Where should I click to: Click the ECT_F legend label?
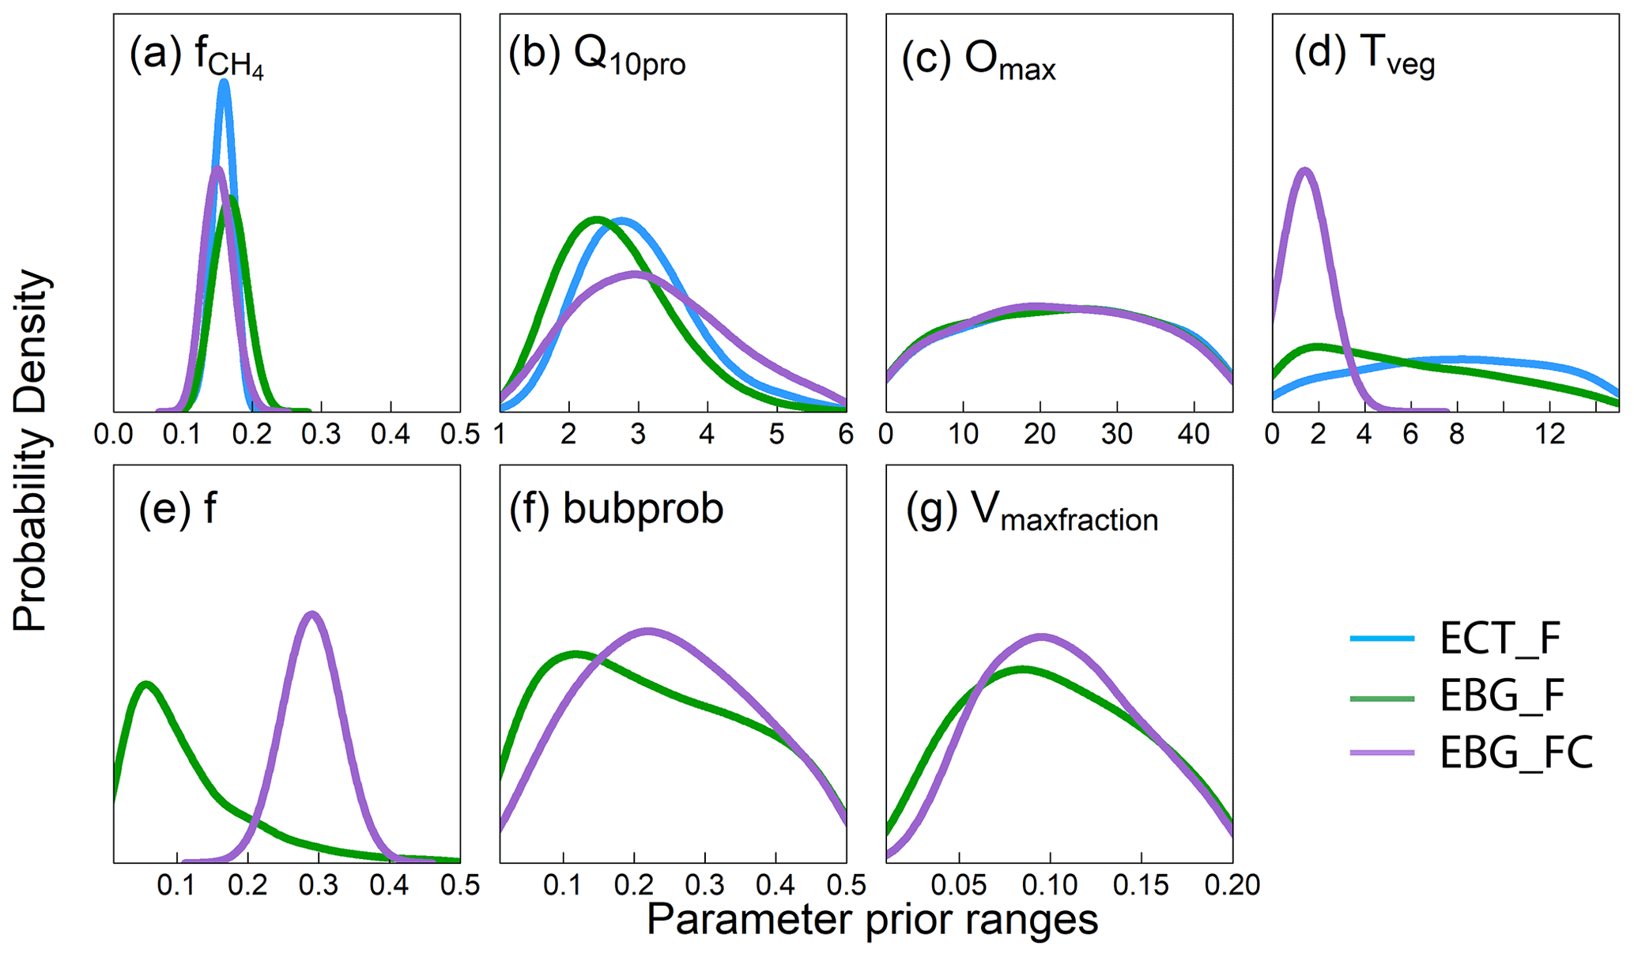(x=1500, y=639)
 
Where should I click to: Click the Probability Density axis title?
(x=32, y=450)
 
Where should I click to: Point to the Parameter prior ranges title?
(x=872, y=920)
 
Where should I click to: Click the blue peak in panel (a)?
(x=224, y=82)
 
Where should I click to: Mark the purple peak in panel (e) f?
(x=312, y=614)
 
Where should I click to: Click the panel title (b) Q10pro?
(x=597, y=55)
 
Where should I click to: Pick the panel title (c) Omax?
(x=978, y=59)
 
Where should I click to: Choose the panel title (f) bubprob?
(x=616, y=508)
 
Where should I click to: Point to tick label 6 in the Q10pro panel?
(x=846, y=434)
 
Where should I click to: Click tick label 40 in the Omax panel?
(x=1194, y=434)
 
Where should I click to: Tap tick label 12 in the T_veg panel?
(x=1550, y=434)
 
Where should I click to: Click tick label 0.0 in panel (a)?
(x=114, y=434)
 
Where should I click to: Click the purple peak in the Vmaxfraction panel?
(x=1041, y=636)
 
